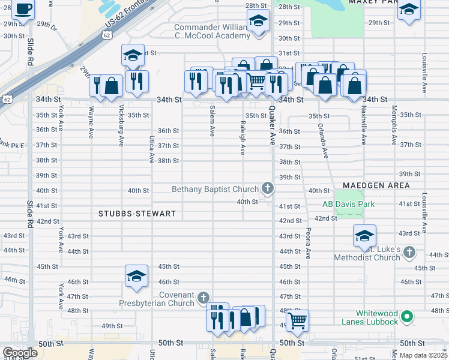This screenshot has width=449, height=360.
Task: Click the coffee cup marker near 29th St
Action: pos(23,10)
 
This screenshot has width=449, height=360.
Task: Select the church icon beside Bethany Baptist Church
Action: pos(267,189)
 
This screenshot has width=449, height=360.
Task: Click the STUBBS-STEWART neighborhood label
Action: pos(138,214)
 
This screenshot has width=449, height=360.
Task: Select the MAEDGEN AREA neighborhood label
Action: pos(376,185)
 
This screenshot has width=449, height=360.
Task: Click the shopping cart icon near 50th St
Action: pos(297,321)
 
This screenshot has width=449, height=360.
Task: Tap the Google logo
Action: pos(20,353)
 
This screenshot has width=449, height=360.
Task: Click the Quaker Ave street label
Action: pos(272,126)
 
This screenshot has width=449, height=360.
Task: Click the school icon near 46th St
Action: pos(136,277)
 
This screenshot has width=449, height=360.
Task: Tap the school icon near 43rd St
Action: pos(364,236)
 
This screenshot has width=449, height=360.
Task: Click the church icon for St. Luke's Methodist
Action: pos(409,253)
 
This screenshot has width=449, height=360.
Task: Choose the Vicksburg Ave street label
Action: pos(121,126)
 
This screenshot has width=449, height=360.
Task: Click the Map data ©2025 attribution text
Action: pos(423,355)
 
